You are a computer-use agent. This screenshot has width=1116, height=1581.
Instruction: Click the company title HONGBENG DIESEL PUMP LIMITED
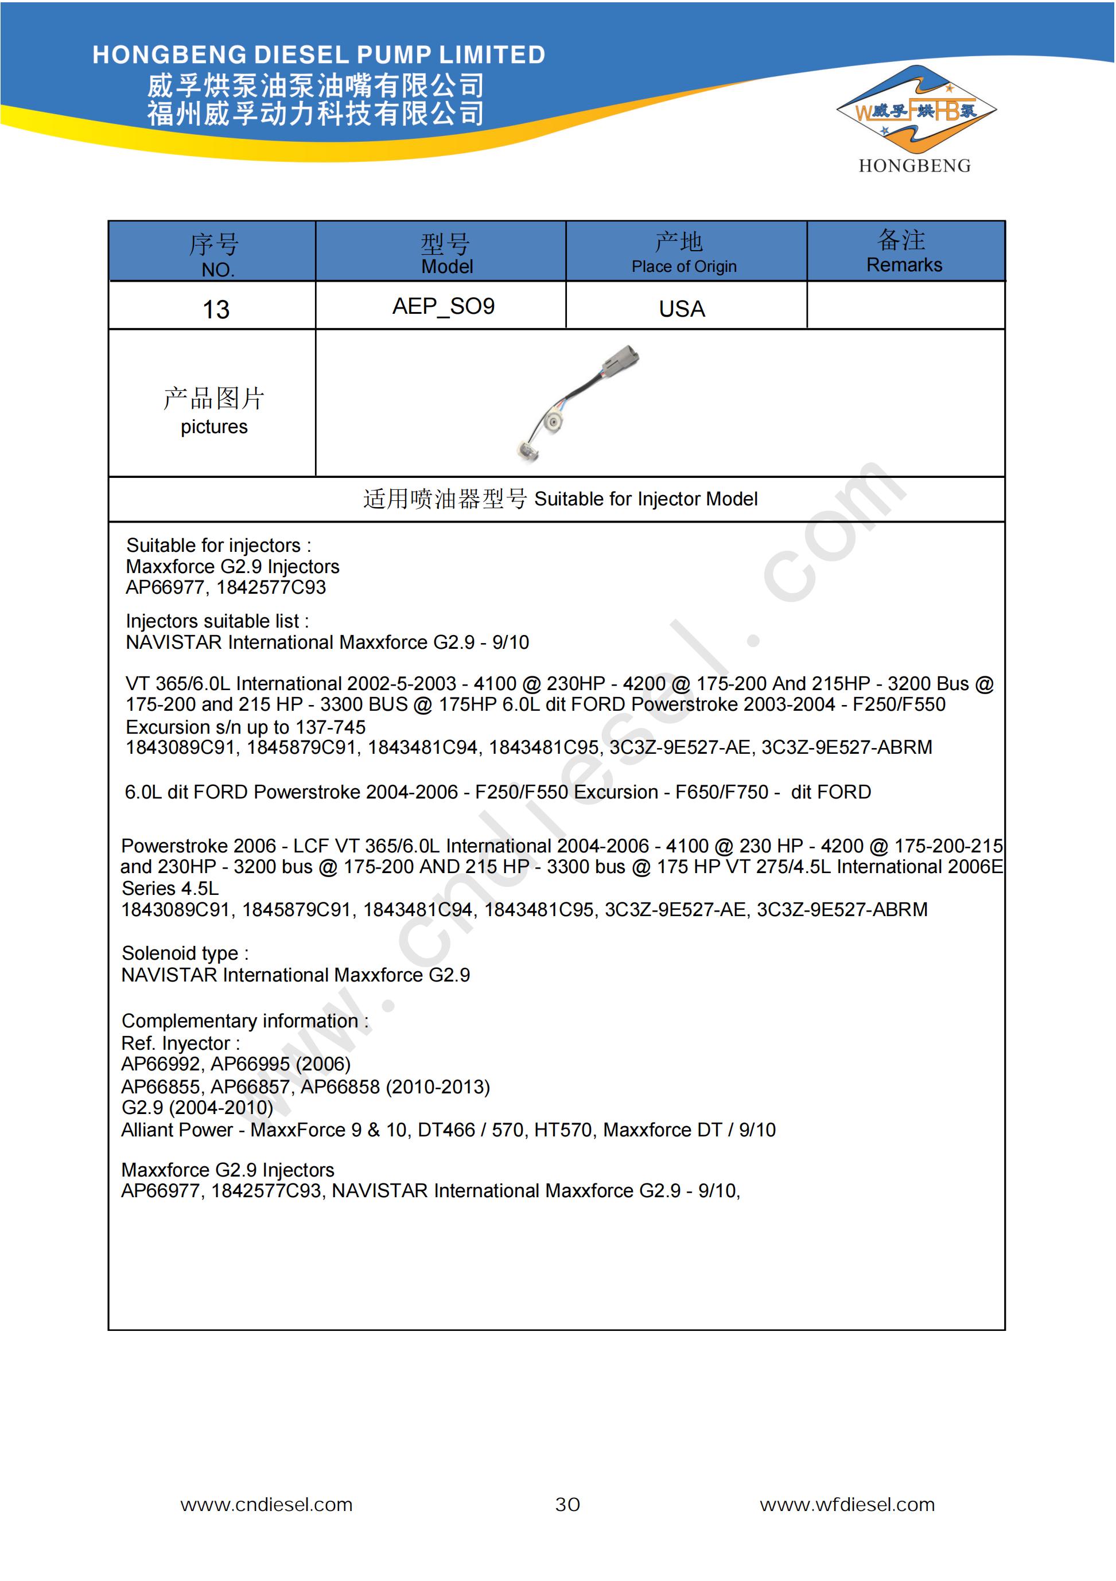click(x=318, y=54)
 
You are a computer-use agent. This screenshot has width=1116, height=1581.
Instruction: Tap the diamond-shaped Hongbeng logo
click(x=916, y=110)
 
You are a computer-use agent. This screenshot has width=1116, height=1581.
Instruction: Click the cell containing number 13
click(x=216, y=309)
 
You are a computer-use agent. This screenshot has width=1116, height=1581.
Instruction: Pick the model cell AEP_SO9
click(x=444, y=306)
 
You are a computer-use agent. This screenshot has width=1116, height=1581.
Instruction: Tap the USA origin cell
click(x=682, y=309)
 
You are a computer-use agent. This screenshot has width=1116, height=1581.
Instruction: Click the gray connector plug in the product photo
click(x=621, y=360)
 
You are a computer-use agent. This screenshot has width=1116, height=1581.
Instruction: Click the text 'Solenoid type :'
click(x=185, y=953)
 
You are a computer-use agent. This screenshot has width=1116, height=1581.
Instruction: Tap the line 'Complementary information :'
click(x=244, y=1021)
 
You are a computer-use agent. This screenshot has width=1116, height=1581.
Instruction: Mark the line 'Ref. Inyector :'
click(x=181, y=1043)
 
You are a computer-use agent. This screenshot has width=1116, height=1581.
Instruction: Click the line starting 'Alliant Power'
click(x=448, y=1130)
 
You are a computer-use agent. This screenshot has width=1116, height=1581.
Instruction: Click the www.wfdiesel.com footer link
click(x=847, y=1505)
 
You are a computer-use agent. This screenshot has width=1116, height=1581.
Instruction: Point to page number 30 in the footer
click(x=567, y=1505)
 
